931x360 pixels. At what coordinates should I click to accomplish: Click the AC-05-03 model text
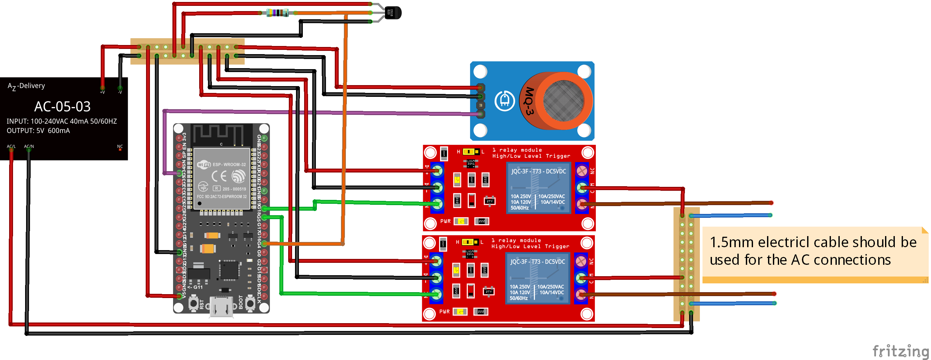pos(62,107)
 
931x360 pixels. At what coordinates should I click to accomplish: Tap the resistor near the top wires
pos(277,13)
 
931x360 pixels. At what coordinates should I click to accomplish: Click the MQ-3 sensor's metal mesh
pos(563,100)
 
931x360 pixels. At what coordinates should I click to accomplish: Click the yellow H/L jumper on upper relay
pos(471,151)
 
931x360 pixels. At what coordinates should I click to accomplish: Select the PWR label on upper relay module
pos(445,221)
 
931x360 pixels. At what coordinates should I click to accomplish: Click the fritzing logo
pos(900,350)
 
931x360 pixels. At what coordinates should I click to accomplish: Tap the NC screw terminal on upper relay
pos(582,171)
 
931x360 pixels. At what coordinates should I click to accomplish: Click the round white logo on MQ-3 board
pos(505,100)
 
